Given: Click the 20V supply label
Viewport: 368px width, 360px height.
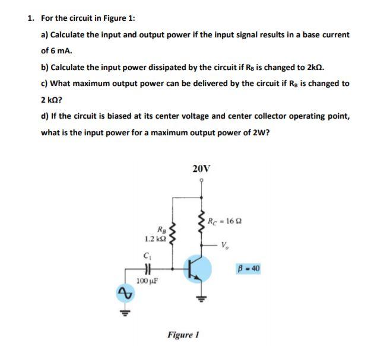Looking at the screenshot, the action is (201, 168).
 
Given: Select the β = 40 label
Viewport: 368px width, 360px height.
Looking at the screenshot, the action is (248, 269).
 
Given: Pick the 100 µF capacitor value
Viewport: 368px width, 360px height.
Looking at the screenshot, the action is (146, 279).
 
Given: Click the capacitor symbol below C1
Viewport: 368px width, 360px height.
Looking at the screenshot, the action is (147, 267).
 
